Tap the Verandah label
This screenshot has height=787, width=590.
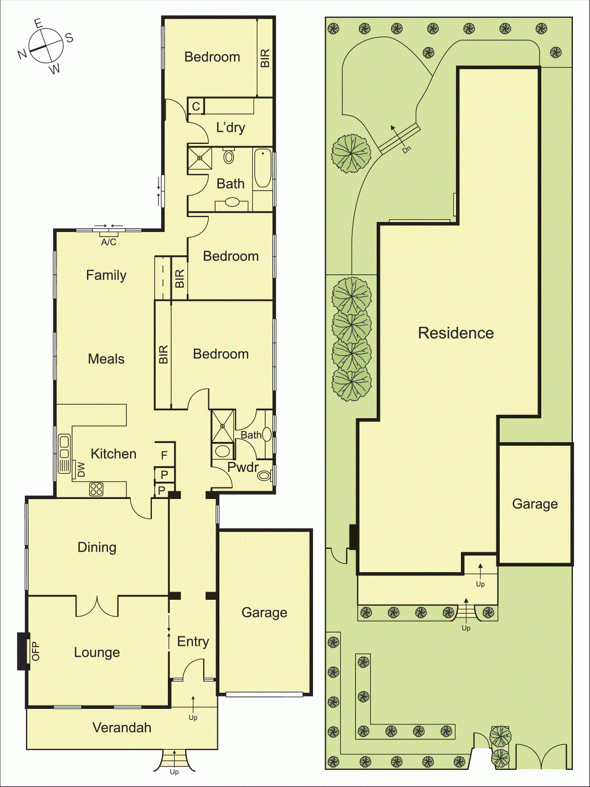tap(121, 728)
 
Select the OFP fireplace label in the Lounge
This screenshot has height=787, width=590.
tap(36, 651)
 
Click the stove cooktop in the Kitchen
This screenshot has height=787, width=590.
tap(96, 489)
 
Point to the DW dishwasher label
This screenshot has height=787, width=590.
tap(81, 469)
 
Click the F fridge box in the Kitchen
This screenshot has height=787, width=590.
tap(165, 455)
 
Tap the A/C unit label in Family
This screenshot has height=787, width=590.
tap(109, 243)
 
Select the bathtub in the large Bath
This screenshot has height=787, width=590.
tap(263, 168)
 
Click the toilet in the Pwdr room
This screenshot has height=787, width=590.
tap(265, 476)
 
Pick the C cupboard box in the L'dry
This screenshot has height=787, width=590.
tap(196, 106)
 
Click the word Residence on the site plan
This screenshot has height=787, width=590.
tap(455, 333)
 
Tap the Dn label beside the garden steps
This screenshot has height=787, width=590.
tap(407, 150)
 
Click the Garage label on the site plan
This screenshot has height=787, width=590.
tap(535, 504)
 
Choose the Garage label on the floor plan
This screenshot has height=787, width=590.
tap(264, 613)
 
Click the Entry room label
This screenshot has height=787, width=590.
tap(193, 642)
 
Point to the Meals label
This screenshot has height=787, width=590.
tap(106, 359)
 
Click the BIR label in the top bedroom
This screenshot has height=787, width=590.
tap(265, 58)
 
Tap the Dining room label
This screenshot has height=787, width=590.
tap(97, 548)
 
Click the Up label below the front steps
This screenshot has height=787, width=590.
tap(175, 772)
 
